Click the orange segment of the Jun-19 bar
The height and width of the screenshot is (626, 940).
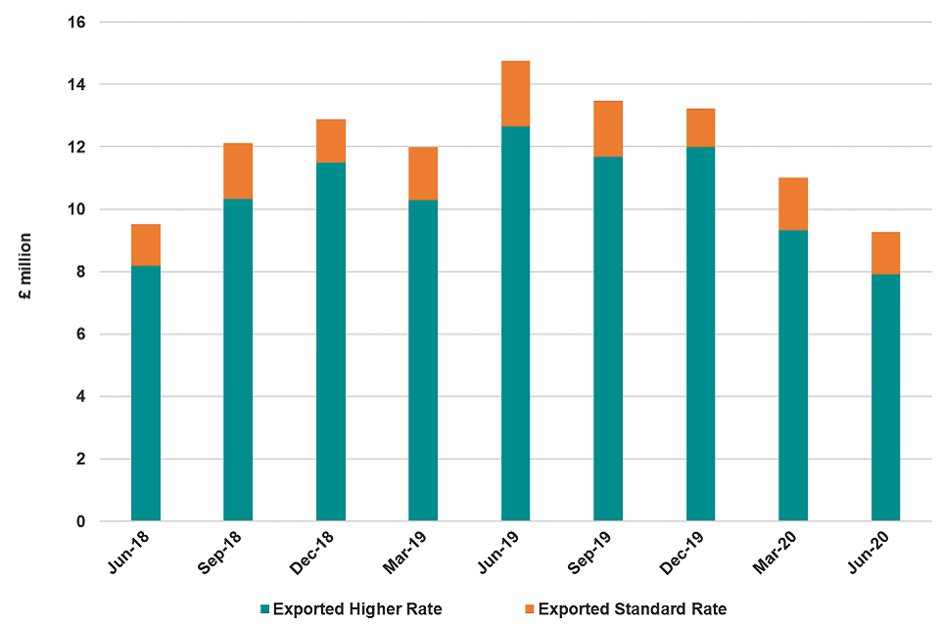coord(515,94)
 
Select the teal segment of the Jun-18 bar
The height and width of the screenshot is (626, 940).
coord(146,391)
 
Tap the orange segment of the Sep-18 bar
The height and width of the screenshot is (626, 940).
coord(238,171)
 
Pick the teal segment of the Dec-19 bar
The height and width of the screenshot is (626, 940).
coord(700,333)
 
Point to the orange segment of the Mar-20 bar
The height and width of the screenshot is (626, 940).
coord(793,203)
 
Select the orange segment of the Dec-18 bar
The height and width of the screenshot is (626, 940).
coord(331,141)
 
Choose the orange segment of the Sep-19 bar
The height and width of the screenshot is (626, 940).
coord(608,128)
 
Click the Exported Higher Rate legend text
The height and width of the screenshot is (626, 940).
coord(357,609)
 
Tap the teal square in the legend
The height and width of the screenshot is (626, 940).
coord(264,609)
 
